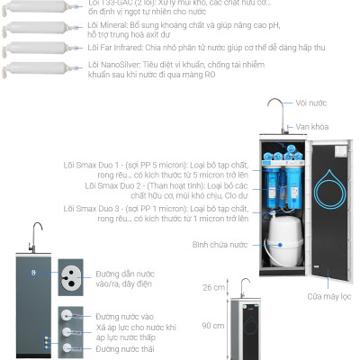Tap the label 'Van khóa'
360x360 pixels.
pos(318,126)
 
